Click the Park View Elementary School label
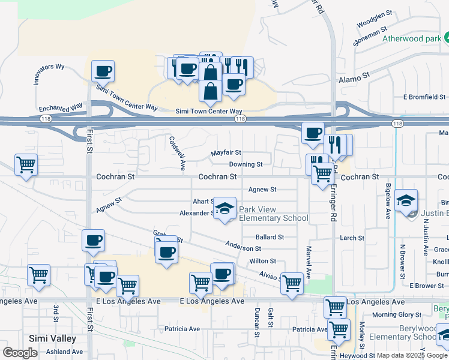click(x=274, y=214)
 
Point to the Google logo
click(x=20, y=353)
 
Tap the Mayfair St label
click(x=226, y=153)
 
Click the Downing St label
click(x=246, y=164)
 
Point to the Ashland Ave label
click(x=64, y=352)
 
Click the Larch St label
click(x=352, y=238)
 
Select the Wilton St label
click(x=262, y=261)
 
